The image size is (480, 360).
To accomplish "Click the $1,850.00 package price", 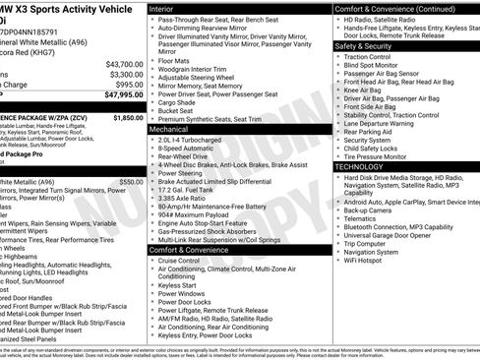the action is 128,117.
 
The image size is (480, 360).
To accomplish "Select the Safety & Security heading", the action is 363,46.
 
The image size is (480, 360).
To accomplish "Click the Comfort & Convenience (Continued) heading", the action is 393,8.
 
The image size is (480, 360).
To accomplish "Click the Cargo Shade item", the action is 178,101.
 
